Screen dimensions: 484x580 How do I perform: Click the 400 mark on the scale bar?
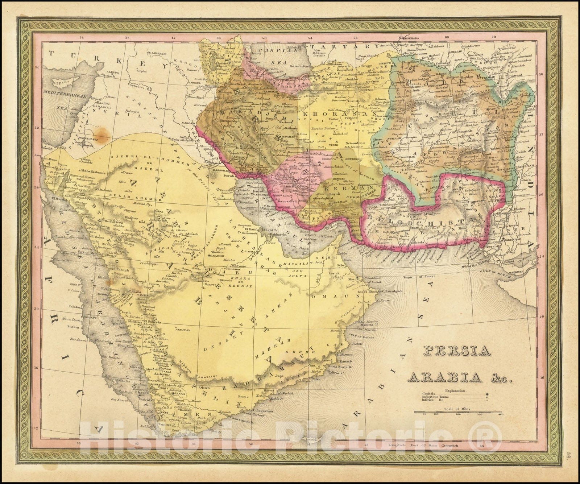click(x=501, y=414)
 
